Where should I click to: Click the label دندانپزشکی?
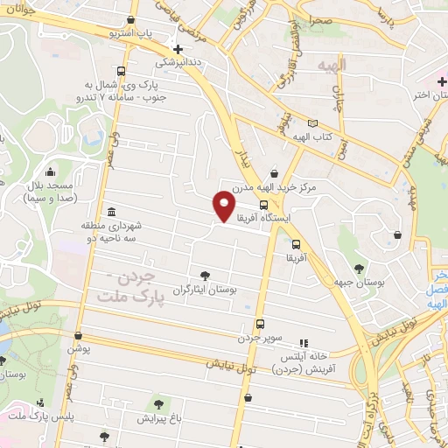coord(178,63)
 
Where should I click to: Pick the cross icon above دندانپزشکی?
coord(178,49)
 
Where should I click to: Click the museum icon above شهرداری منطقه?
coord(111,212)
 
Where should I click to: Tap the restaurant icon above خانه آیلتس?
coord(304,343)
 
